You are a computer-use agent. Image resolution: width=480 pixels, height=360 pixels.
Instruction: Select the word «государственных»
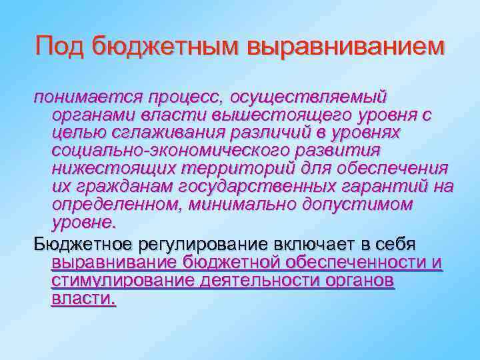click(x=254, y=185)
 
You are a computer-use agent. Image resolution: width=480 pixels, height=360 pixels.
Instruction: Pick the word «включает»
click(x=324, y=245)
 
